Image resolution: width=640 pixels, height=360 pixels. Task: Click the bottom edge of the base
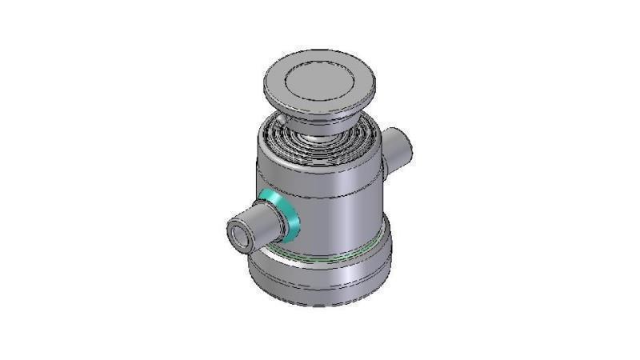pos(320,305)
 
